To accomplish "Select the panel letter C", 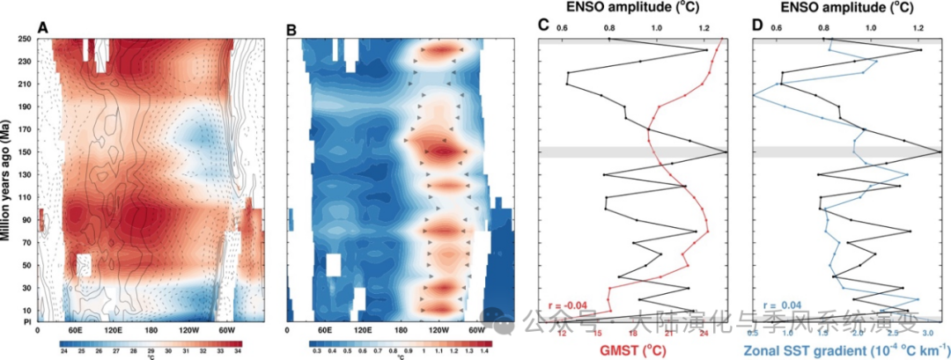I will pos(543,24).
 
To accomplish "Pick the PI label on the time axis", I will pos(28,321).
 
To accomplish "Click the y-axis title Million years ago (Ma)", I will pos(8,180).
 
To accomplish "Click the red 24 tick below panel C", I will pos(704,333).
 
